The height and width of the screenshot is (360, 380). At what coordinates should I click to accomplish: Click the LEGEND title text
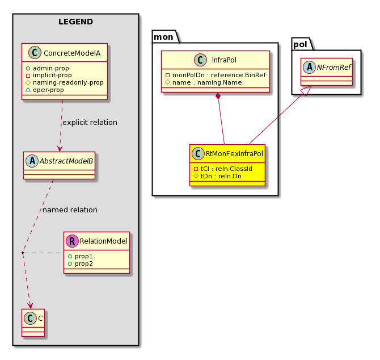point(75,22)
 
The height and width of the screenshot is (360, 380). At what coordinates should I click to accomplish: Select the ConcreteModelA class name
point(72,53)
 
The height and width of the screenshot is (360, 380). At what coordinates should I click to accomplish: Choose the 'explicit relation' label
point(90,123)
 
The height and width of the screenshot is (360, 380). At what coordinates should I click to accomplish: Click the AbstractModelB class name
point(66,161)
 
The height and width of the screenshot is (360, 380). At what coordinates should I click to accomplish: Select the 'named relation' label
point(70,210)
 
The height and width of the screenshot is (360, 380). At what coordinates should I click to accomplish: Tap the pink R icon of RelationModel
point(72,241)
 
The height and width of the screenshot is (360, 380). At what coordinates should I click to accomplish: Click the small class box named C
point(33,323)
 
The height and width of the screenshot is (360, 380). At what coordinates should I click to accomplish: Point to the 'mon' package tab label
point(163,37)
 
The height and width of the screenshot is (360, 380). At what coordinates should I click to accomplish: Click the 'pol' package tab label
point(300,44)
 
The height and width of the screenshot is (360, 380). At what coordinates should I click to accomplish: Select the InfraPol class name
point(224,60)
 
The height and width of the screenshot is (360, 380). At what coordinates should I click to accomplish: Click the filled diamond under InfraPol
point(218,96)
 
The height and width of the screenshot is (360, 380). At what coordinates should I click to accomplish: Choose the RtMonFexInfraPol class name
point(234,154)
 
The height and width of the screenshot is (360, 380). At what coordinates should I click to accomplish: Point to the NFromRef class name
point(334,67)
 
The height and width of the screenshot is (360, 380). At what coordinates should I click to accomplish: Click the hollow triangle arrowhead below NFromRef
point(306,91)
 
